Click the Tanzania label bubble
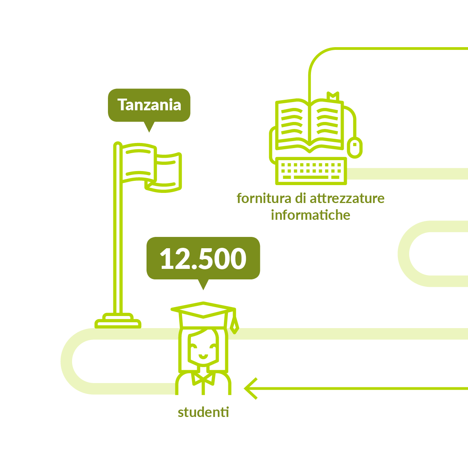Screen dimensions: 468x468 click(149, 105)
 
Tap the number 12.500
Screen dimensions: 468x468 click(203, 259)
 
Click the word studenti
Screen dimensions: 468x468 click(203, 412)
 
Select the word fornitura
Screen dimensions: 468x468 click(264, 198)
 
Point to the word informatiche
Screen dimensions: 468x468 click(311, 215)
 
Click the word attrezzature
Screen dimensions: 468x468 click(347, 198)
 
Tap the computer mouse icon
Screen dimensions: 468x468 click(355, 147)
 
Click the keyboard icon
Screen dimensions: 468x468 click(311, 171)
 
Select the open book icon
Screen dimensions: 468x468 click(309, 125)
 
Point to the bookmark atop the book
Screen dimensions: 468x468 click(333, 96)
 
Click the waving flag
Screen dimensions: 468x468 click(151, 168)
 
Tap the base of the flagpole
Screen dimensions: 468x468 click(118, 321)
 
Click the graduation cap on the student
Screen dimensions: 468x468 click(203, 314)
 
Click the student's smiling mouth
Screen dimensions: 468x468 click(203, 357)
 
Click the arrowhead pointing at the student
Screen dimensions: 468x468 click(251, 389)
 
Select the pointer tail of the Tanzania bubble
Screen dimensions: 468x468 click(149, 127)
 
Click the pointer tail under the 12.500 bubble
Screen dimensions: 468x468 click(203, 284)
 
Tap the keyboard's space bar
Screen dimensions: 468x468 click(311, 177)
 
